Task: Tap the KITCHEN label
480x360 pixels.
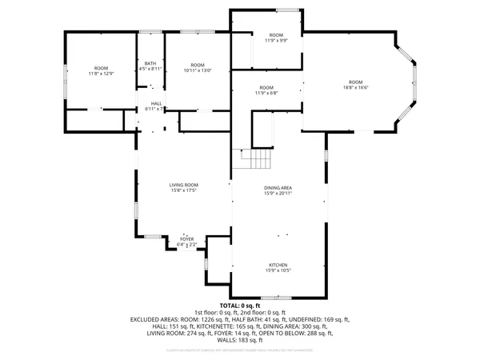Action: tap(278, 265)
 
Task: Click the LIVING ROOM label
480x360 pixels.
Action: tap(184, 185)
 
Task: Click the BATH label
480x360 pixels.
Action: tap(150, 64)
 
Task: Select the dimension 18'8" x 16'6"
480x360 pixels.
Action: tap(354, 88)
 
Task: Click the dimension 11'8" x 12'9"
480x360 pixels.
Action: tap(101, 74)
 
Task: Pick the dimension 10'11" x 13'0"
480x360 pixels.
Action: tap(197, 70)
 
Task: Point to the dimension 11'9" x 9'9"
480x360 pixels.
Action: tap(276, 41)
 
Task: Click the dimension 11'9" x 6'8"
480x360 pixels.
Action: tap(266, 93)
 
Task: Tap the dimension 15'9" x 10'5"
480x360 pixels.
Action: tap(278, 270)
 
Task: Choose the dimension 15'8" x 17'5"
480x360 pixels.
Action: tap(184, 190)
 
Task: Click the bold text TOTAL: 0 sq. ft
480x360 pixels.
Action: tap(239, 306)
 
